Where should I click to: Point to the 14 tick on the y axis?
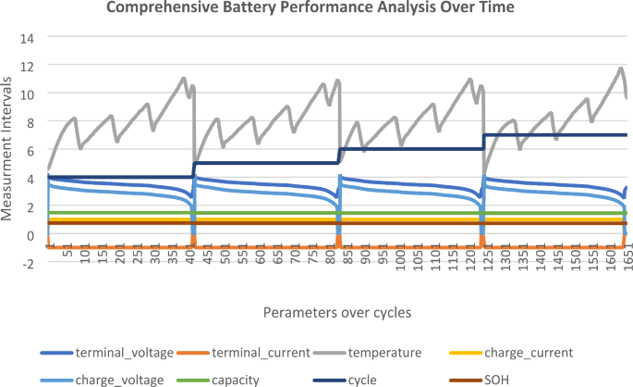[x=26, y=39]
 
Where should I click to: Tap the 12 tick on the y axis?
[x=26, y=67]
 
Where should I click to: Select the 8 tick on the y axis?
[x=30, y=122]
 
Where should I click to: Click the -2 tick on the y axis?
[x=27, y=262]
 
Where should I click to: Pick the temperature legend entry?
[x=387, y=352]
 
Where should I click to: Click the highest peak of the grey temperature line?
[x=621, y=68]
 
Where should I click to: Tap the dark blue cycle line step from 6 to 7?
[x=482, y=142]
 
